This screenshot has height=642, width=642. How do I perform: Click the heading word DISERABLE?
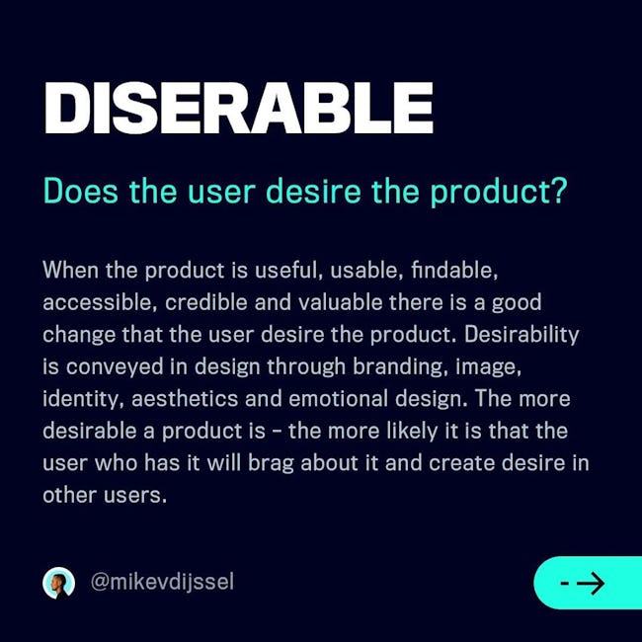(x=239, y=108)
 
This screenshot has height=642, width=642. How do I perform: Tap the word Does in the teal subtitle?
(x=81, y=191)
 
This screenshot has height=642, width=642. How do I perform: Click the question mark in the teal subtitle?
(x=558, y=190)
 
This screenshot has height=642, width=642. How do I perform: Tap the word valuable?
(x=340, y=302)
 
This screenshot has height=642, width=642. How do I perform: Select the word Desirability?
(x=522, y=335)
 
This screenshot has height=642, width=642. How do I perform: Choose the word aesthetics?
(x=185, y=399)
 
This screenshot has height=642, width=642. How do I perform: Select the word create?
(x=462, y=463)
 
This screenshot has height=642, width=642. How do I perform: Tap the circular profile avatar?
(x=59, y=583)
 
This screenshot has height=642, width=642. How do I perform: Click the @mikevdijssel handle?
(x=162, y=582)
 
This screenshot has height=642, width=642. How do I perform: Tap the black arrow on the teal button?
(x=590, y=583)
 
